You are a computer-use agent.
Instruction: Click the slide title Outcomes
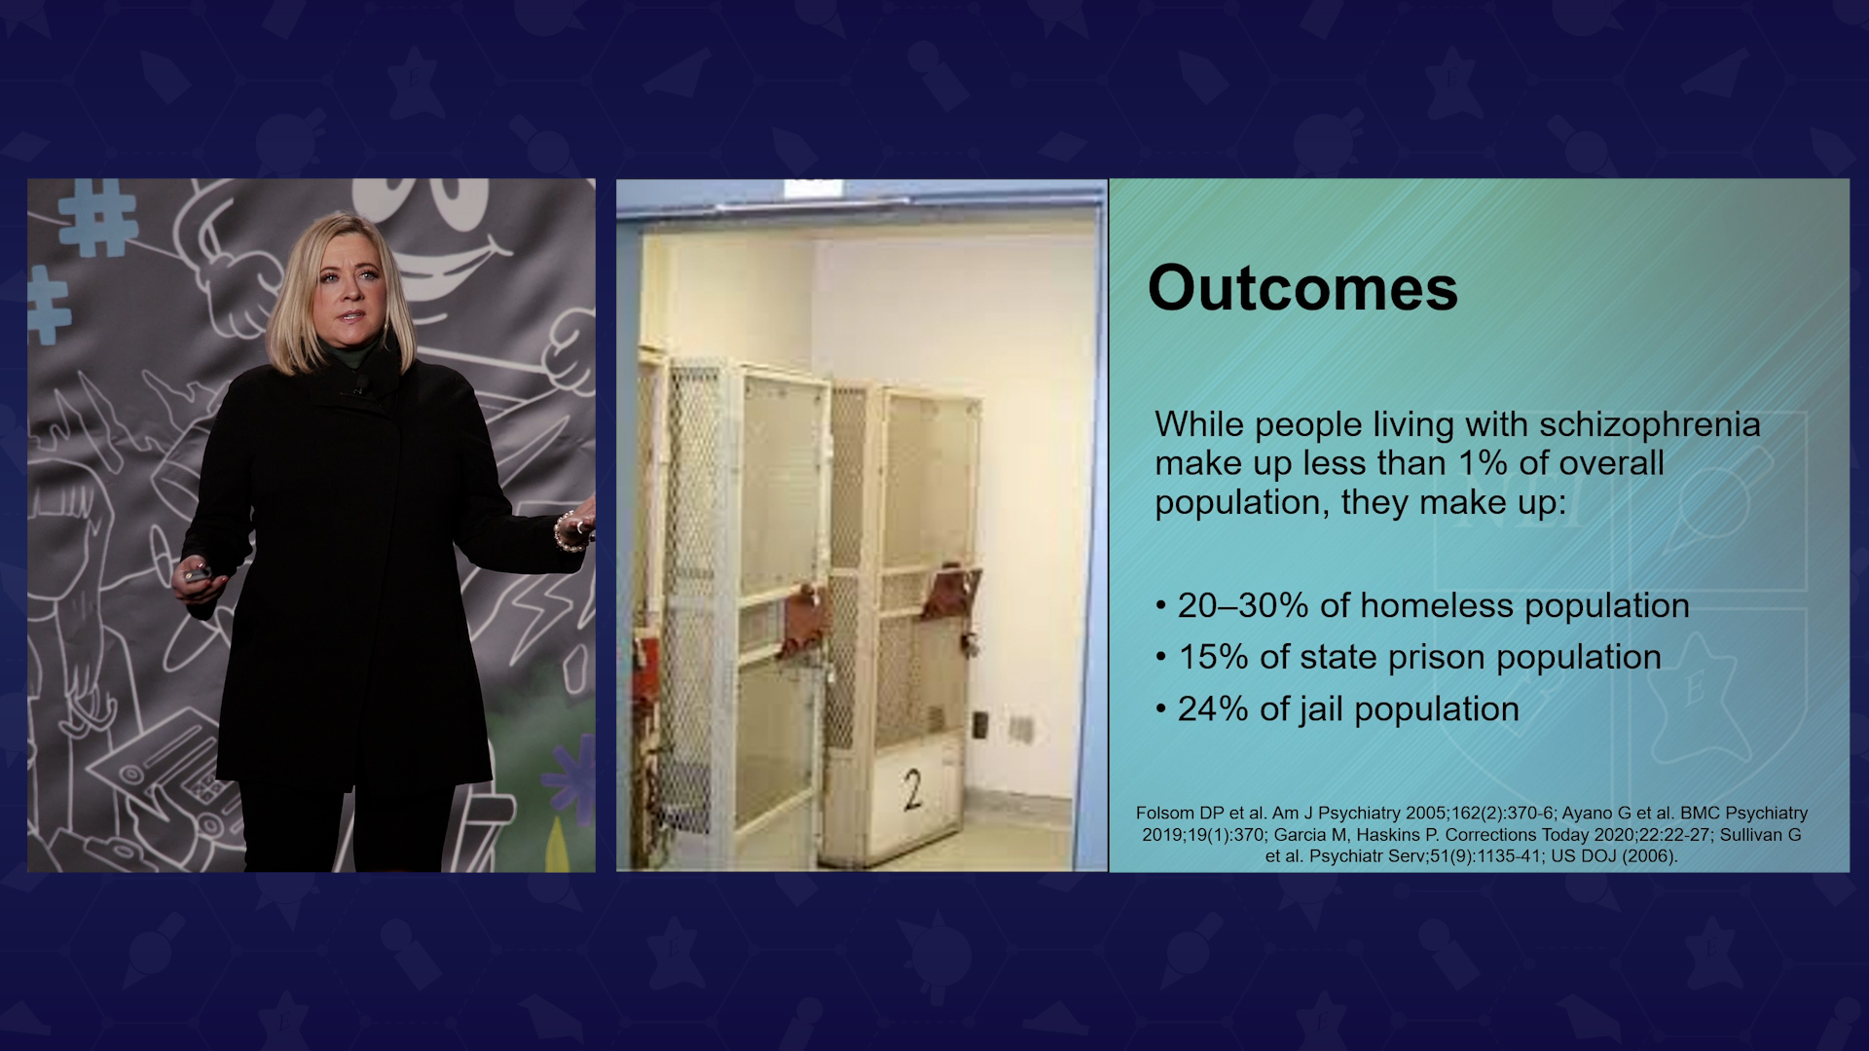tap(1302, 288)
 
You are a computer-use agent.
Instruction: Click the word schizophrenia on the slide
tap(1650, 426)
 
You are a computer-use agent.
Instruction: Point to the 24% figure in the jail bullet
tap(1213, 708)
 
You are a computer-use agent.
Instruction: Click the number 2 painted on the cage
tap(912, 790)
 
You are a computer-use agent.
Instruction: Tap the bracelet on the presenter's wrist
tap(565, 531)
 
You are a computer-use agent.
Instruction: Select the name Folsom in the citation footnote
tap(1166, 814)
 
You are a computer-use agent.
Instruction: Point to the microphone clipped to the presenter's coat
tap(360, 388)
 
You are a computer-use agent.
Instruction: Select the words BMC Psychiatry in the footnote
tap(1743, 814)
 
